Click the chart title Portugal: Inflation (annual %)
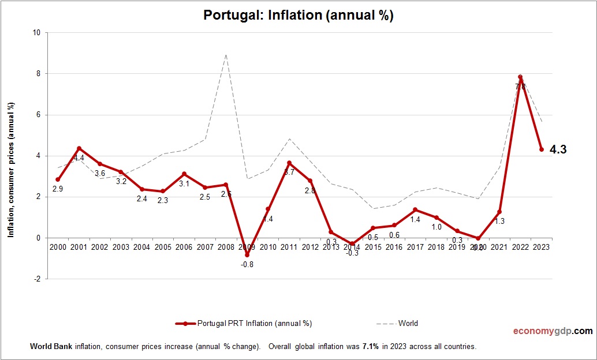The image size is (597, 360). click(x=298, y=16)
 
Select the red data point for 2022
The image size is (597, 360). click(x=520, y=77)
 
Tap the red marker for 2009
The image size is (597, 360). click(x=247, y=254)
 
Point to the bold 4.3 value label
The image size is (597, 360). click(x=558, y=149)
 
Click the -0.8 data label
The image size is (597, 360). click(x=247, y=265)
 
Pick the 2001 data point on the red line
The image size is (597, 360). click(x=79, y=148)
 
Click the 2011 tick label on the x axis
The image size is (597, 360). click(x=289, y=247)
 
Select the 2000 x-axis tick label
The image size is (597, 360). click(x=58, y=247)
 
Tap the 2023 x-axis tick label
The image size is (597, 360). click(x=541, y=247)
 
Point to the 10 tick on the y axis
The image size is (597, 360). click(x=36, y=33)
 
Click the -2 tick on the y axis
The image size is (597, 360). click(x=36, y=279)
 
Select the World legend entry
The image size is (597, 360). click(x=398, y=324)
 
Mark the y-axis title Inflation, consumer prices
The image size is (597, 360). click(x=10, y=170)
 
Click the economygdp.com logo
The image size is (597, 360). click(x=553, y=331)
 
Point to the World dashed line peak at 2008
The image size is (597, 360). click(x=226, y=55)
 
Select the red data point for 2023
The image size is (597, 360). click(x=541, y=149)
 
